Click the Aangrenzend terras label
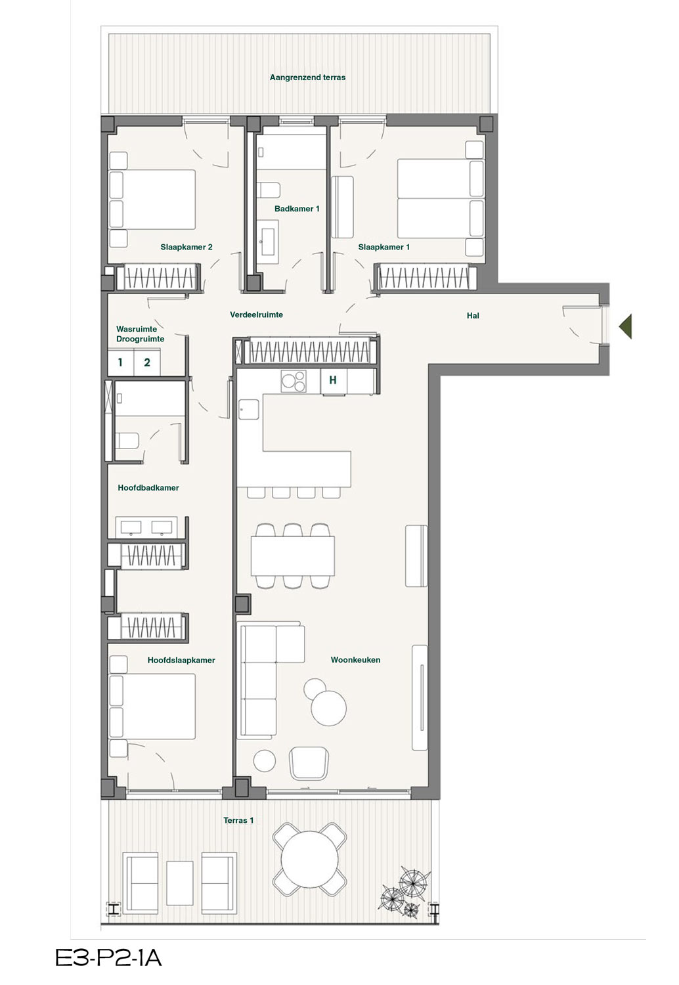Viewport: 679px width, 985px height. tap(307, 77)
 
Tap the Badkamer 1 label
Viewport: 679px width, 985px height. tap(297, 208)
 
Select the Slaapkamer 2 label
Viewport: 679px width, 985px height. tap(186, 247)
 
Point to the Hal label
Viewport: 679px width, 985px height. tap(473, 315)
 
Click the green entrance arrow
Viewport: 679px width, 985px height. tap(626, 326)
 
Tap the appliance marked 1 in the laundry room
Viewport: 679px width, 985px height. tap(120, 362)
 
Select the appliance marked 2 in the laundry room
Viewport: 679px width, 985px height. tap(147, 362)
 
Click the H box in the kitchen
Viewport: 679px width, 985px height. tap(334, 380)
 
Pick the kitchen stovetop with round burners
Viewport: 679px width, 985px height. tap(294, 381)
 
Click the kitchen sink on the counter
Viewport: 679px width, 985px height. tap(249, 409)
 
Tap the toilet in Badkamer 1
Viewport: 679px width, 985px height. tap(269, 190)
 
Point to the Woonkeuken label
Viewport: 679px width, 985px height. tap(355, 659)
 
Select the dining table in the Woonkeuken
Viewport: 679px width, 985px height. tap(292, 556)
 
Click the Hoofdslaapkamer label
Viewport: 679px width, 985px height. tap(181, 660)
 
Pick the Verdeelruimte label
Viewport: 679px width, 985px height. tap(256, 315)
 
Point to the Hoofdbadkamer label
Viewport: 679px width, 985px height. tap(148, 488)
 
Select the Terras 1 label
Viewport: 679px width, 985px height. tap(238, 820)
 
